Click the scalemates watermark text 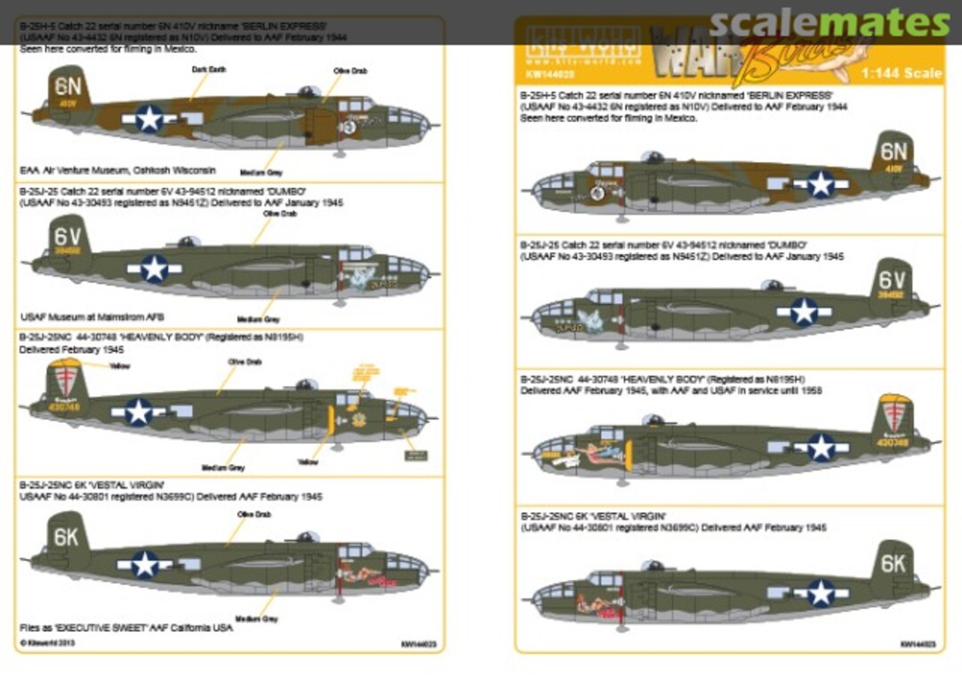coord(830,23)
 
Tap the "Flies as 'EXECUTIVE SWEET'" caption coord(126,628)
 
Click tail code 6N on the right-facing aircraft coord(893,151)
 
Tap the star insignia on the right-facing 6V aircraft coord(804,311)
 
